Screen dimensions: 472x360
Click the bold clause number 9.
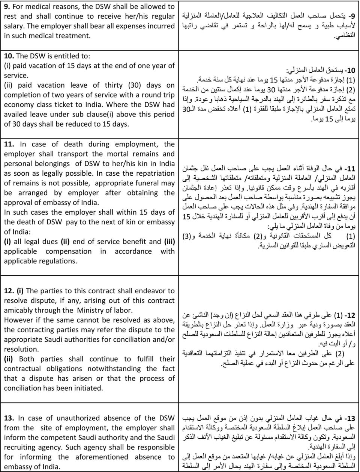(7, 7)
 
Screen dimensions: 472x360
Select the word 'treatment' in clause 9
(73, 36)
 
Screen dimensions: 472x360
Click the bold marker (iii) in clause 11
(168, 242)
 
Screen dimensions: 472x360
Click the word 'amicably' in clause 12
(19, 310)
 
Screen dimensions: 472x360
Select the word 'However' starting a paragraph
(18, 320)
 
